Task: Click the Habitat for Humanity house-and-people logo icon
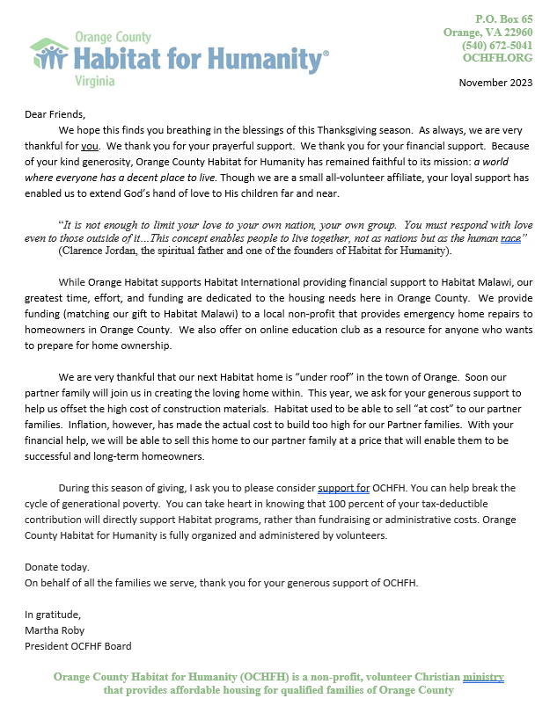[49, 55]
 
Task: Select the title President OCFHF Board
[77, 646]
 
